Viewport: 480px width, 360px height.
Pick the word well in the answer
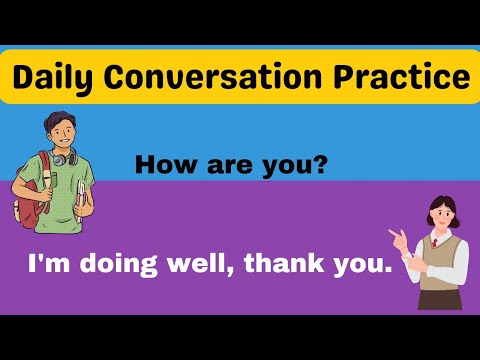(x=200, y=264)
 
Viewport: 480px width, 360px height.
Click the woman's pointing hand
(x=398, y=236)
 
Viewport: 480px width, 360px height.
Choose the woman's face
(x=437, y=214)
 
